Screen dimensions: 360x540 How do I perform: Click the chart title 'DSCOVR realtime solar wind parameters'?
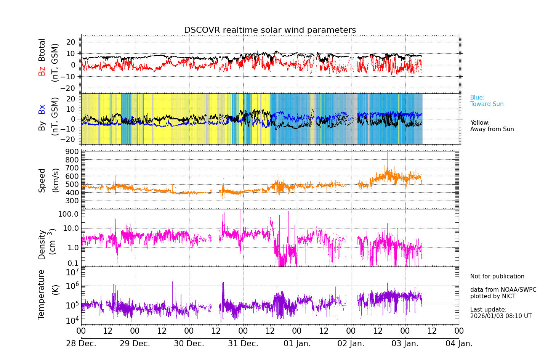(270, 30)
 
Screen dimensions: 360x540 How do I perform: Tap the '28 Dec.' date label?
(81, 344)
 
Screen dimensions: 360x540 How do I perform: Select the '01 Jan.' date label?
(297, 344)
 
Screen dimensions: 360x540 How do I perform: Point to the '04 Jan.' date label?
(459, 344)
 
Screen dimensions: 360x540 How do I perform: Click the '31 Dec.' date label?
(243, 344)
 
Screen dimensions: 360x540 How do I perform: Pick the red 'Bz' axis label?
(42, 71)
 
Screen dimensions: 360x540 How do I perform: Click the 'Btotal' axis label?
(42, 50)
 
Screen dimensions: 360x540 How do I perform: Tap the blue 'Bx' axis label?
(42, 109)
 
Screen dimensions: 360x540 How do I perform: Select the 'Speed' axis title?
(42, 180)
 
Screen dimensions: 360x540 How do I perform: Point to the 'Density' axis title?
(42, 244)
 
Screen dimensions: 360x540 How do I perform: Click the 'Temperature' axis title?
(41, 294)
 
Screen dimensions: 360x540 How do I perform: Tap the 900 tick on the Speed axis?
(74, 151)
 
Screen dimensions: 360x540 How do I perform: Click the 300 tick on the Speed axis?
(74, 201)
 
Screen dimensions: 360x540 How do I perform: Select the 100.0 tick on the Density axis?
(69, 214)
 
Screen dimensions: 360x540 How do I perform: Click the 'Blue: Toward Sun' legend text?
(487, 101)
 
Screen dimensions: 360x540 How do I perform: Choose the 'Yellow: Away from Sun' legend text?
(492, 126)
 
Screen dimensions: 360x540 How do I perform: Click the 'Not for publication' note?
(497, 276)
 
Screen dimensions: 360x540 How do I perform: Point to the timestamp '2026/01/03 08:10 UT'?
(501, 316)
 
